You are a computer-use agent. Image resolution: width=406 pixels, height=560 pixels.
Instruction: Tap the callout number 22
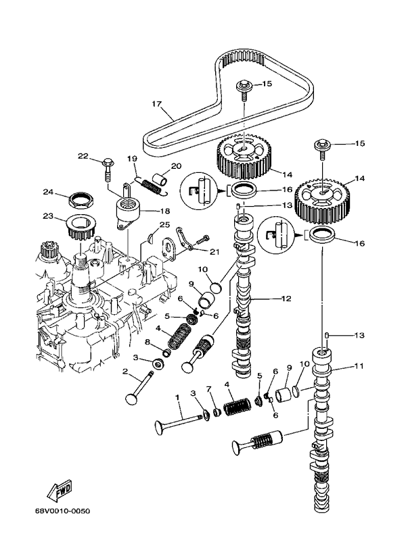tap(83, 157)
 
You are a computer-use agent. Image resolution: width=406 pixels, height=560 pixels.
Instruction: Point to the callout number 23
tap(47, 217)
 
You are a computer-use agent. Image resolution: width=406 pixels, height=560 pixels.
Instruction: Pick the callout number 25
tap(164, 224)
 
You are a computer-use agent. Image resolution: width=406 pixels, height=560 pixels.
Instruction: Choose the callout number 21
tap(215, 252)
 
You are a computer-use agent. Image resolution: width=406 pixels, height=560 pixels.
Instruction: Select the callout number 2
tap(125, 371)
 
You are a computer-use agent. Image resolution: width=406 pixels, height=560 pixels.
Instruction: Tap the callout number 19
tap(132, 158)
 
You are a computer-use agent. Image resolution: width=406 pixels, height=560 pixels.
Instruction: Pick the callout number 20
tap(176, 166)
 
